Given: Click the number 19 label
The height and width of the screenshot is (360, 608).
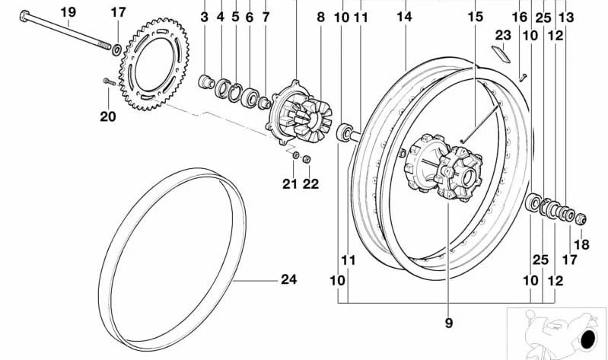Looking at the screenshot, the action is [68, 12].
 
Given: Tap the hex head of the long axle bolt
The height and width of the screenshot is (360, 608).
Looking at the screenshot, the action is [24, 16].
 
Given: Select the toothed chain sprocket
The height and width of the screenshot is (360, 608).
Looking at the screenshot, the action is [154, 64].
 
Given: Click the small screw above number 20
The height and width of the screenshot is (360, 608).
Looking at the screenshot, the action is [110, 81].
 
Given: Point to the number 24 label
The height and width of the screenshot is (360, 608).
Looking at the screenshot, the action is [289, 279].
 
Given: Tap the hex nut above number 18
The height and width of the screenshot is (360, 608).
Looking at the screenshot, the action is [581, 218].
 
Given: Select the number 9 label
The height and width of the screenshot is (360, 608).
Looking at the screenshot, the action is [449, 323].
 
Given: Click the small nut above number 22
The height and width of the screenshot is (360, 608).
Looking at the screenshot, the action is [307, 158].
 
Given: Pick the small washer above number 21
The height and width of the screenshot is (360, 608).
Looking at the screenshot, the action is [295, 155].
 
